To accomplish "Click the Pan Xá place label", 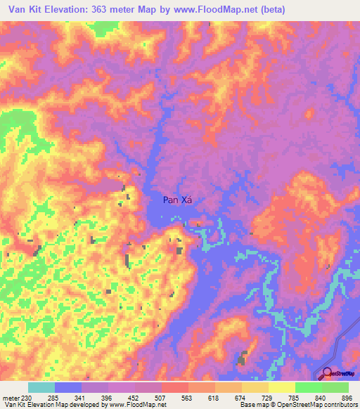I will coord(178,200).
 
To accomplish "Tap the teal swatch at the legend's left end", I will coord(41,387).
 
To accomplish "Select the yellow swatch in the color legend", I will coord(282,387).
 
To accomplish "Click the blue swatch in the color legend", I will coord(68,387).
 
